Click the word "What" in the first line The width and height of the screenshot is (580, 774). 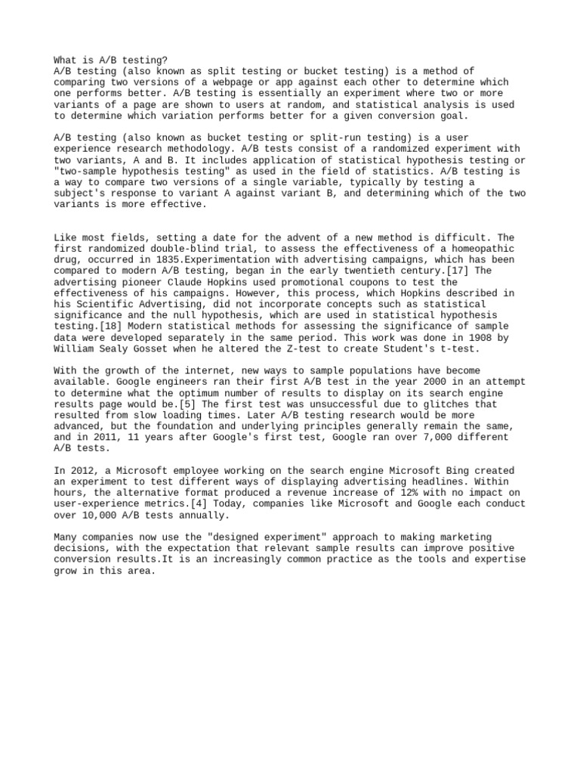[66, 60]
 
